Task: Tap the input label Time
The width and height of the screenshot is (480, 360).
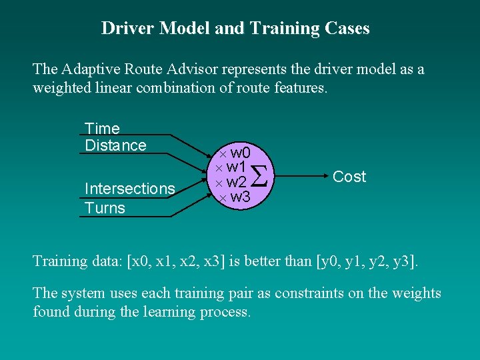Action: (x=102, y=128)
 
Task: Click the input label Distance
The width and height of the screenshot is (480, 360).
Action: (x=115, y=145)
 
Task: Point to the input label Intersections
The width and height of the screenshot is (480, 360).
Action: (x=129, y=189)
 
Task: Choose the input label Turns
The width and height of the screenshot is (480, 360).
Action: (x=105, y=208)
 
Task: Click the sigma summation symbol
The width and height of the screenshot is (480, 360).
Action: (x=263, y=176)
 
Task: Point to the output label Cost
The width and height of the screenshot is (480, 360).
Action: (x=349, y=177)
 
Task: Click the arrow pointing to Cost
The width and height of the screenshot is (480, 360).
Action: (x=300, y=177)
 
